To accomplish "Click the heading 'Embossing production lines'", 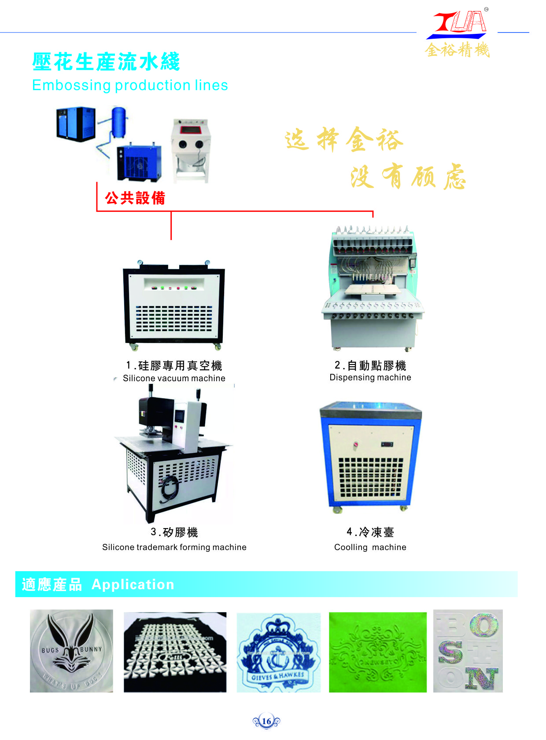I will click(x=130, y=85).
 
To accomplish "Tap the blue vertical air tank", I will click(x=119, y=122).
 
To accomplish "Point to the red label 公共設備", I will click(x=135, y=198).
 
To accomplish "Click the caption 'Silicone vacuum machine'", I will click(x=174, y=378).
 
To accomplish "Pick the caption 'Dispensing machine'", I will click(x=370, y=377).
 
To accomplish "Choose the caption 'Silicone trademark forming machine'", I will click(x=174, y=547).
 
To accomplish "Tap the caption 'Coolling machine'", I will click(x=370, y=547).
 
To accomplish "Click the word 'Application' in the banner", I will click(x=133, y=584).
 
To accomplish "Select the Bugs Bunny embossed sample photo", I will click(x=71, y=651).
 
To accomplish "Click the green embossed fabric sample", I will click(x=377, y=652).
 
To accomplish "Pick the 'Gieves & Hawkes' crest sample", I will click(x=278, y=653).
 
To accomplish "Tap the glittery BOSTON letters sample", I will click(x=468, y=651).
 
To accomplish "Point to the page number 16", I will click(x=266, y=721).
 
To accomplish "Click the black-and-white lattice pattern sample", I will click(x=175, y=652).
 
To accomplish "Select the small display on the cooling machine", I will click(x=387, y=445).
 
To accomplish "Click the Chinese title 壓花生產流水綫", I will click(x=106, y=62).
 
